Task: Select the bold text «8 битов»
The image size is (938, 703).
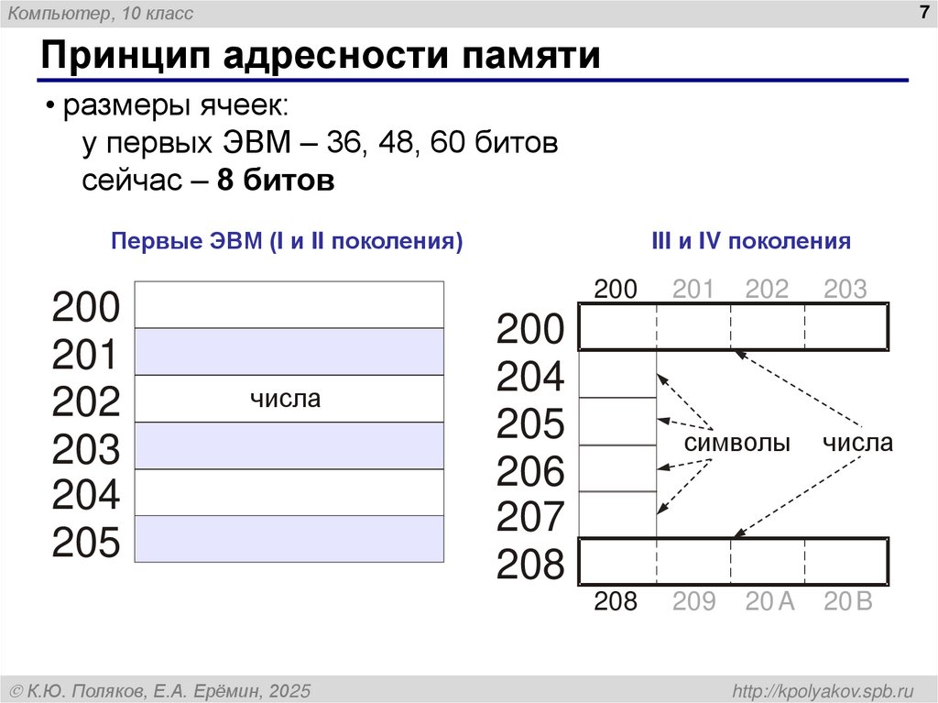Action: (276, 181)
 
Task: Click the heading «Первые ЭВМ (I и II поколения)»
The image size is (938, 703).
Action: (287, 242)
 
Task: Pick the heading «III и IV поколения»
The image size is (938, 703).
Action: (750, 242)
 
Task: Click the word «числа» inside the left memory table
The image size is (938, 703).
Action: (286, 399)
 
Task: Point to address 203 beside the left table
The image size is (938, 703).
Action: (86, 450)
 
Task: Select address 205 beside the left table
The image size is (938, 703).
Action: (86, 544)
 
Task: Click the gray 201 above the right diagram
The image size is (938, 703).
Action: (693, 290)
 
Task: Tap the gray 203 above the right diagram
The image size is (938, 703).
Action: (845, 290)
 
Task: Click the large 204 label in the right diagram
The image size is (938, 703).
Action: (530, 377)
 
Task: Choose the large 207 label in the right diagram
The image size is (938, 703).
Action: (530, 519)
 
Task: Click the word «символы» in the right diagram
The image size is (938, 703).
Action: (737, 444)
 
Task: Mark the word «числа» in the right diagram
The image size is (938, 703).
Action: (856, 444)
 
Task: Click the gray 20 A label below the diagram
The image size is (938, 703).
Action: (769, 602)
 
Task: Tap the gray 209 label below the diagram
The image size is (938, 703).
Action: (693, 602)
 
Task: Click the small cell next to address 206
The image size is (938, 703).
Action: (617, 468)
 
